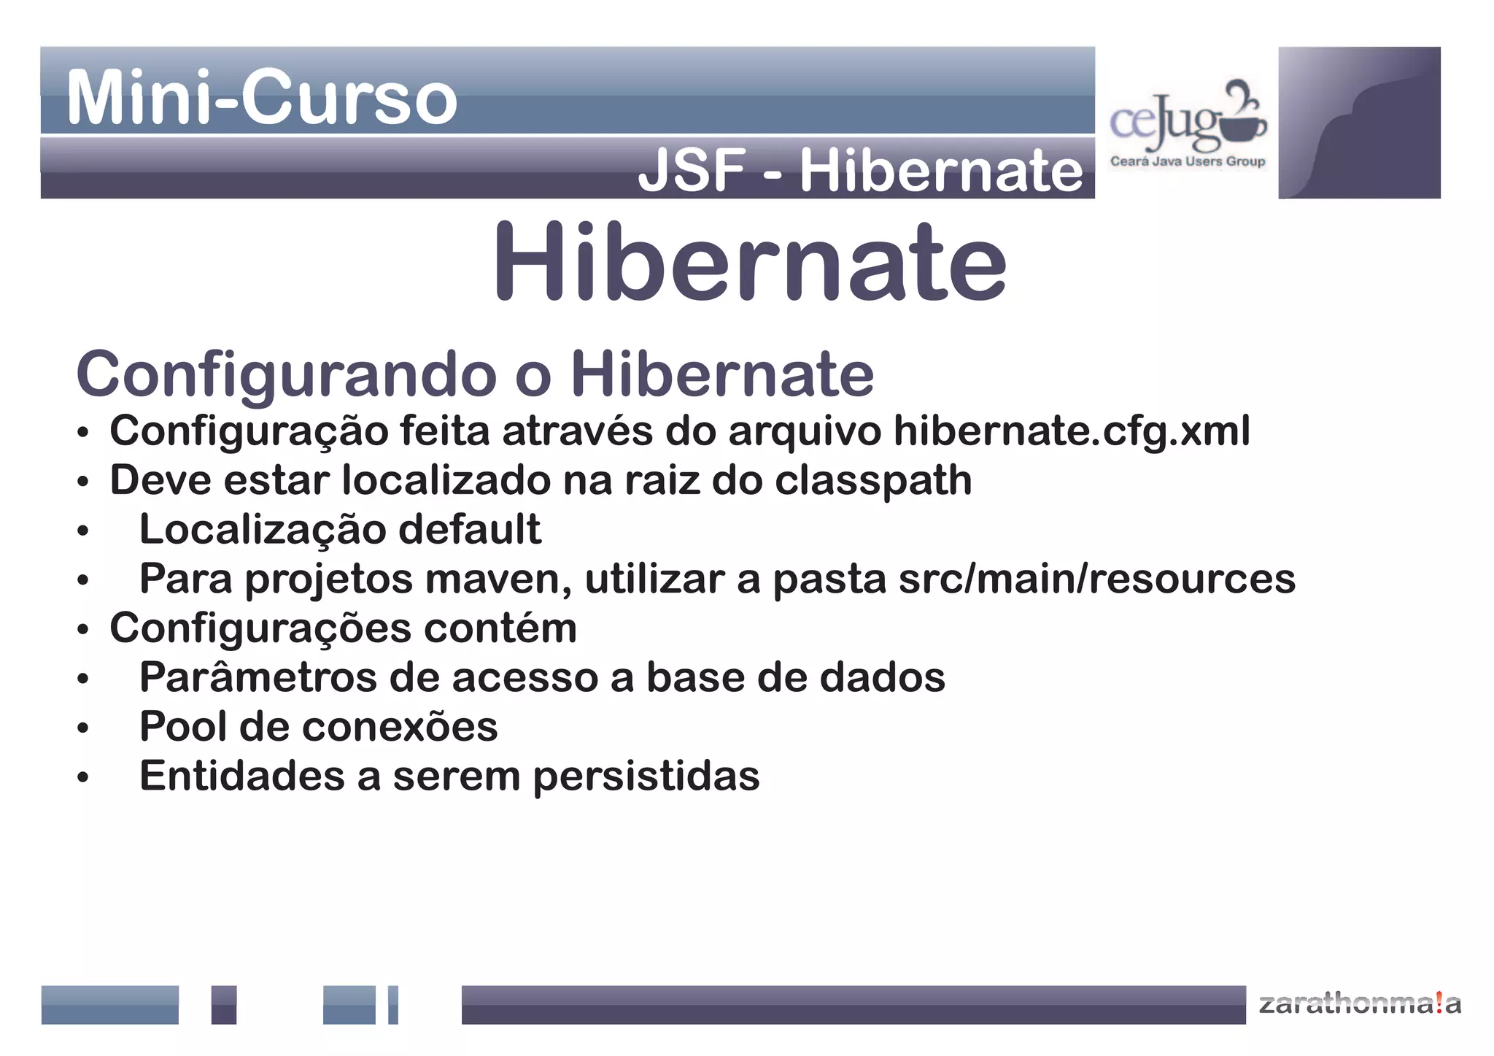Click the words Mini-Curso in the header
pos(261,98)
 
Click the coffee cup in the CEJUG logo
pos(1244,127)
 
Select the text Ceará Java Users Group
pos(1187,161)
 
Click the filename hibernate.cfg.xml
pos(1072,431)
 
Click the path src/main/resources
pos(1096,579)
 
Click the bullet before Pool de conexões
pos(83,728)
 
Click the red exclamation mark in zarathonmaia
pos(1437,1003)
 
